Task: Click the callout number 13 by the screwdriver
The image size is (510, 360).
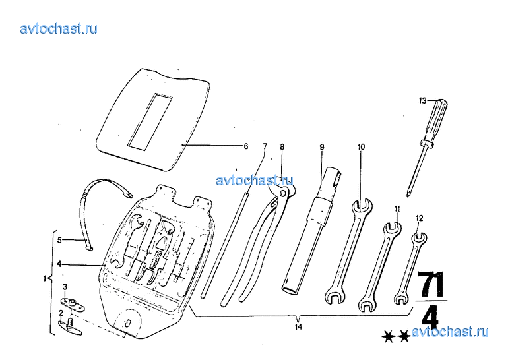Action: (x=423, y=101)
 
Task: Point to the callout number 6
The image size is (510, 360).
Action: (x=246, y=146)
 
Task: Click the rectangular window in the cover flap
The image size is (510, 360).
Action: (x=150, y=119)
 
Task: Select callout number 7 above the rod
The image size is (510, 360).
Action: (x=265, y=146)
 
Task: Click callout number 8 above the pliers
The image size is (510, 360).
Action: (x=282, y=146)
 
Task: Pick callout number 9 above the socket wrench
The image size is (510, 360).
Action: (x=322, y=146)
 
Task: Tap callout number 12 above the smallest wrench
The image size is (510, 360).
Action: (x=420, y=217)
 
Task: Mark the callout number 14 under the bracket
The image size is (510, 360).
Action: (x=298, y=326)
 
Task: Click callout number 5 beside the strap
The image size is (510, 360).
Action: (x=59, y=240)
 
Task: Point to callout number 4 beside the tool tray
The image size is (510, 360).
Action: (x=59, y=264)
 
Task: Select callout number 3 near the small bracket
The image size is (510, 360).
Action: (x=65, y=286)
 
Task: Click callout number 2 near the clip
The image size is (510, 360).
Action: (x=61, y=313)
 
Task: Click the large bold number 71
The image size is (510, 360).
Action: (x=431, y=284)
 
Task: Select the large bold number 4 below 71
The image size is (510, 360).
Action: (x=429, y=318)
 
